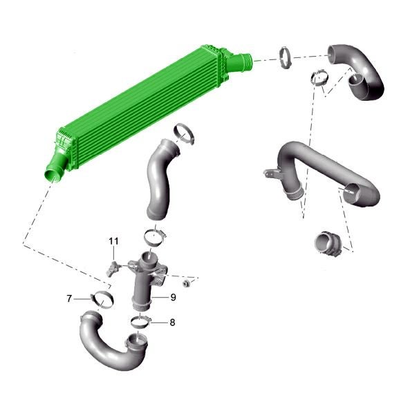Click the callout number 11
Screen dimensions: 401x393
point(113,241)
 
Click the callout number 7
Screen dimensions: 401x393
point(69,298)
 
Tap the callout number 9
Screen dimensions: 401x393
point(173,297)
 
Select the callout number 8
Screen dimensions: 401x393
point(172,323)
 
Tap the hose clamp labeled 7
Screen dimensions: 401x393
point(102,300)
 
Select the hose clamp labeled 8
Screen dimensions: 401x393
point(140,321)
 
